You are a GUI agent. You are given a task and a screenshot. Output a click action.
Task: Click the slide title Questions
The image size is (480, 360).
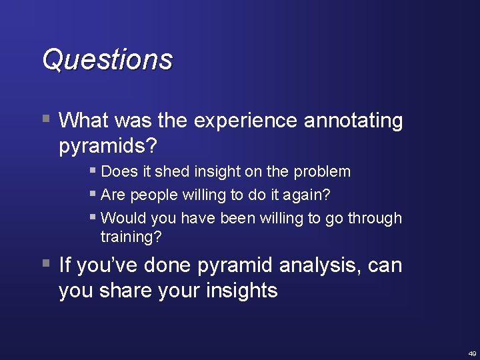coord(107,59)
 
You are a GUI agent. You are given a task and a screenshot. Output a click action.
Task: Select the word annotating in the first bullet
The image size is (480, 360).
coord(353,121)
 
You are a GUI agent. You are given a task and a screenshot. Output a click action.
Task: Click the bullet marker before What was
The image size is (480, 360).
coord(45,120)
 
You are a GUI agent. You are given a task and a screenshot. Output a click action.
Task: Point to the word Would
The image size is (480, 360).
coord(124,218)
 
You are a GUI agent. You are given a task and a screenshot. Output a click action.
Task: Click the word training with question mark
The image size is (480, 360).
coord(131,237)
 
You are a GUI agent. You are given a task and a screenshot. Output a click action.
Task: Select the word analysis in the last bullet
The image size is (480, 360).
coord(321,265)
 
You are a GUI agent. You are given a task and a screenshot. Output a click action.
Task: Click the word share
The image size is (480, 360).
coord(124,290)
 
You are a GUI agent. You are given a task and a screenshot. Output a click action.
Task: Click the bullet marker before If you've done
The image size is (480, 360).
coord(45,264)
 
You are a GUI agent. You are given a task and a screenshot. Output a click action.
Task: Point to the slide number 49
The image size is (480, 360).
coord(472,353)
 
